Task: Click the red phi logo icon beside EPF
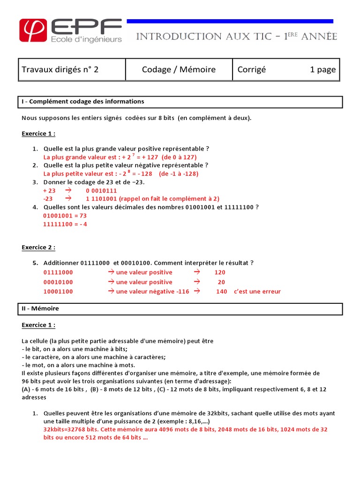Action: (33, 30)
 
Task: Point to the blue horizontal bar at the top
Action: (230, 21)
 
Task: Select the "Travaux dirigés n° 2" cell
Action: (60, 70)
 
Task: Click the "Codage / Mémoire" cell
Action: (179, 70)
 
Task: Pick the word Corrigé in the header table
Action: (252, 70)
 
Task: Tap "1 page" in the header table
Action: (322, 70)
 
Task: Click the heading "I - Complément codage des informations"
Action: (83, 102)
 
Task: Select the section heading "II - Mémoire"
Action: (40, 309)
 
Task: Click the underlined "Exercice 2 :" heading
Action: (38, 247)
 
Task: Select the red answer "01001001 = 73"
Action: (65, 216)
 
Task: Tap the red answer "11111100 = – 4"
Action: (65, 224)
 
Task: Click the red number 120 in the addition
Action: (220, 272)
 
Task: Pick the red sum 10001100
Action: (58, 292)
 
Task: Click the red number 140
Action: (221, 292)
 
